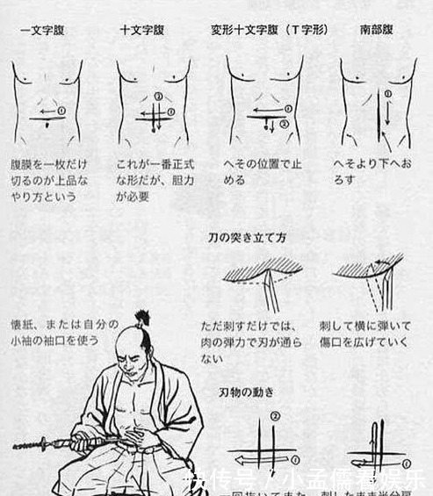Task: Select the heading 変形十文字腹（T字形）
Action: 269,30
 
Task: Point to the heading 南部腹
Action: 377,30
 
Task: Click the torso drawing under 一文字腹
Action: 47,101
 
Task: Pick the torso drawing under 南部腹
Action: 379,101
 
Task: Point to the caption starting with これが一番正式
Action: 154,180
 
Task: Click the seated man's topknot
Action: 141,318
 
